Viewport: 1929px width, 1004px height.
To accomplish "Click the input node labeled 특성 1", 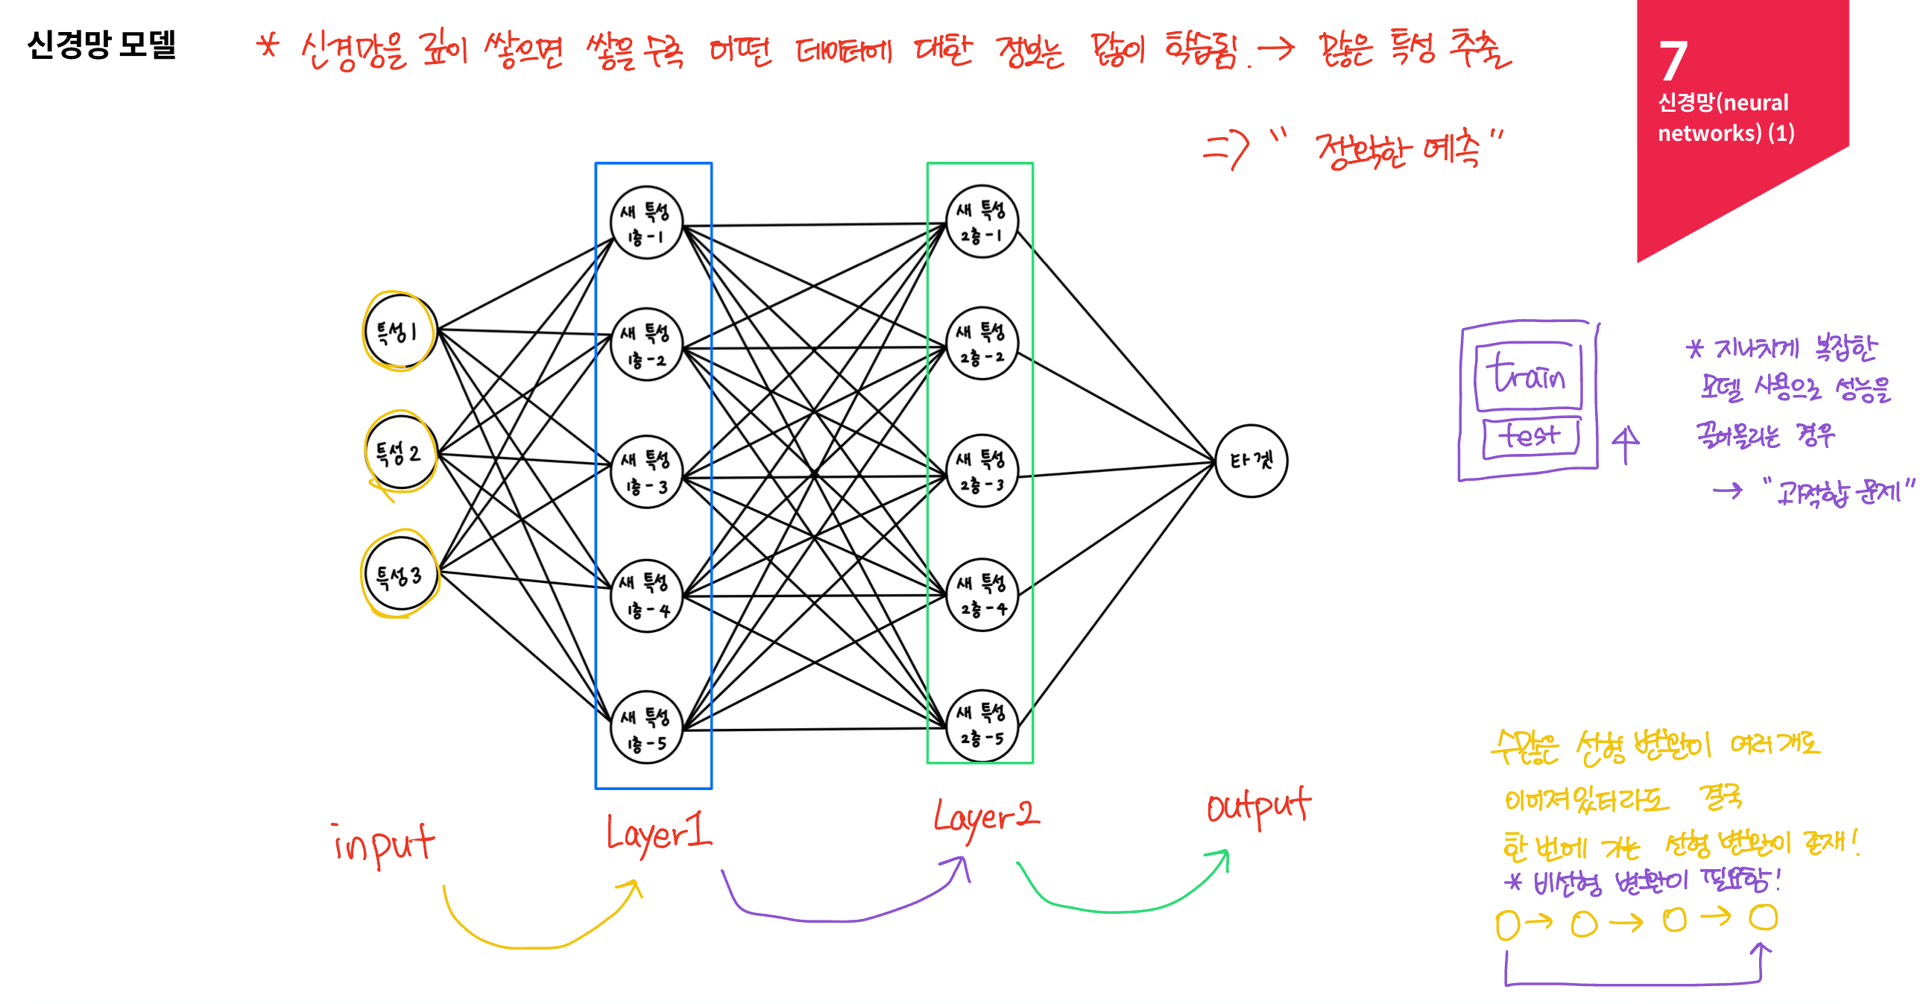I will point(400,332).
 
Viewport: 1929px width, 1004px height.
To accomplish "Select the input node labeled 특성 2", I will point(400,453).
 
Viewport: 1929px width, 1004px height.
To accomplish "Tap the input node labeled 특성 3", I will point(400,575).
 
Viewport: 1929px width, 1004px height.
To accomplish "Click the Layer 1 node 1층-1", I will point(646,223).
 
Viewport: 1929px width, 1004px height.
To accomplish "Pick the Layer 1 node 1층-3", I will point(646,472).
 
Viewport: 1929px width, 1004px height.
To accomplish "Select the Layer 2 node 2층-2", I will point(982,344).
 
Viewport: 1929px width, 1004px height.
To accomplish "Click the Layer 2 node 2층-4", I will point(982,596).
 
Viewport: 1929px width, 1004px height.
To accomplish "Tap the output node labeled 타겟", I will point(1251,461).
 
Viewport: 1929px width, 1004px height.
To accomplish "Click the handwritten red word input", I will point(383,844).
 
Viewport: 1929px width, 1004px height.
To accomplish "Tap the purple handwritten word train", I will point(1528,374).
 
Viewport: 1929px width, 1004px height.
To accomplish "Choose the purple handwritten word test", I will point(1530,436).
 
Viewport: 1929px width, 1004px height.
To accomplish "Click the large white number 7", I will point(1673,61).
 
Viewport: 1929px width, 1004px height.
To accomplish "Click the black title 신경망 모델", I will point(101,45).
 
